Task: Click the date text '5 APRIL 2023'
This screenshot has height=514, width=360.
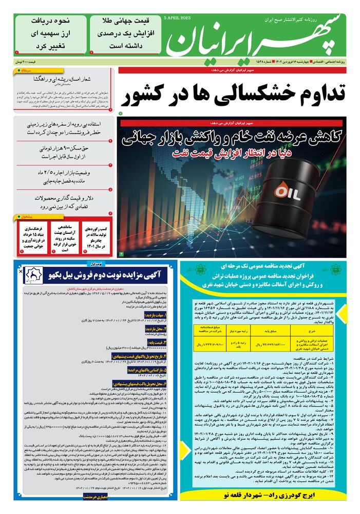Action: (177, 17)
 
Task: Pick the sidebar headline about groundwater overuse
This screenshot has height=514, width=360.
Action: (65, 128)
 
